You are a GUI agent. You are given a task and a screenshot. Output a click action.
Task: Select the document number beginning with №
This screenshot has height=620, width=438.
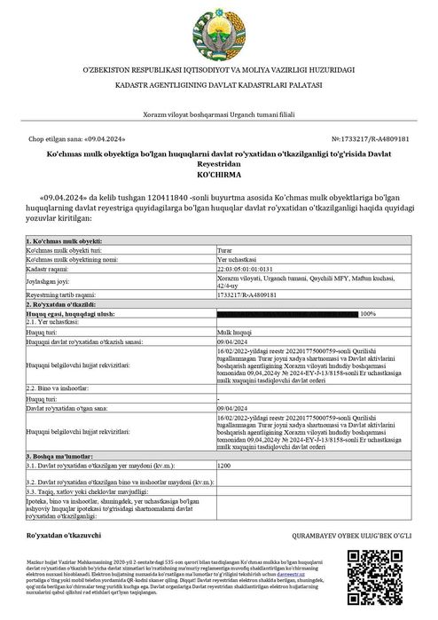[x=371, y=139]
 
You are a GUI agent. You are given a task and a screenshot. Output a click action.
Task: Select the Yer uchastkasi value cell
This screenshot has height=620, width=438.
[x=238, y=259]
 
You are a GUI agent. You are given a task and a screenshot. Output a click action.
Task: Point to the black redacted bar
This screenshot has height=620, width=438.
[x=287, y=314]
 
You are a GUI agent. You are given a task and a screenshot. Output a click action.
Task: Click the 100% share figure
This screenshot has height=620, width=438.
[x=368, y=314]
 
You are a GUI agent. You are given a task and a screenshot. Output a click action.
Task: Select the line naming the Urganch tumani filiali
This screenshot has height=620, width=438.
[x=218, y=115]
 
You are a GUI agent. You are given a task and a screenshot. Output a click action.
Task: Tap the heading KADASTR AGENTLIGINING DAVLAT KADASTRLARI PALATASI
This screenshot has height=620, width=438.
[x=218, y=83]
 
